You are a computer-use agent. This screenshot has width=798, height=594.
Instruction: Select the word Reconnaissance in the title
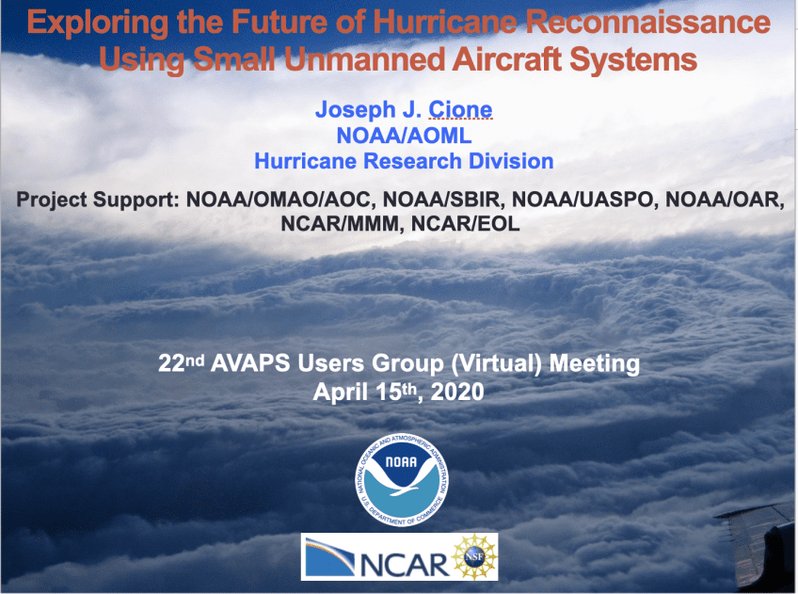pos(647,22)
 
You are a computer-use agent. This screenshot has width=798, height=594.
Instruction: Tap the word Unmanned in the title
pos(364,59)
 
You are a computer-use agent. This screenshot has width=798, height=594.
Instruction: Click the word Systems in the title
pos(633,60)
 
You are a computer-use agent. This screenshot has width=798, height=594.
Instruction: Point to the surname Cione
pos(460,109)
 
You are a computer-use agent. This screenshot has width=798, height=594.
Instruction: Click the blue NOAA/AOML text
pos(404,136)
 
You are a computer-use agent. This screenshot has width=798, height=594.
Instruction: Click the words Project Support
pos(97,200)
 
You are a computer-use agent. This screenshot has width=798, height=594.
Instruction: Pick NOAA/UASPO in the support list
pos(583,199)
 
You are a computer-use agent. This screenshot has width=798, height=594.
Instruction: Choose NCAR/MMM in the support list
pos(342,224)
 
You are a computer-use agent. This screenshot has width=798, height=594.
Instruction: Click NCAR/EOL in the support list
pos(465,223)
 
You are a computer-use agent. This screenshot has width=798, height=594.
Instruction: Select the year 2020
pos(457,392)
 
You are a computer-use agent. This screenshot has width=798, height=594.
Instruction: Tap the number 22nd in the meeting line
pos(182,363)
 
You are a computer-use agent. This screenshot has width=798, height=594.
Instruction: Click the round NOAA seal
pos(402,480)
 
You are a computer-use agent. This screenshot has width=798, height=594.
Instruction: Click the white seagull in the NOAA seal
pos(401,481)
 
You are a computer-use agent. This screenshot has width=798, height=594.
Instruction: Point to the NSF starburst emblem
pos(474,556)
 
